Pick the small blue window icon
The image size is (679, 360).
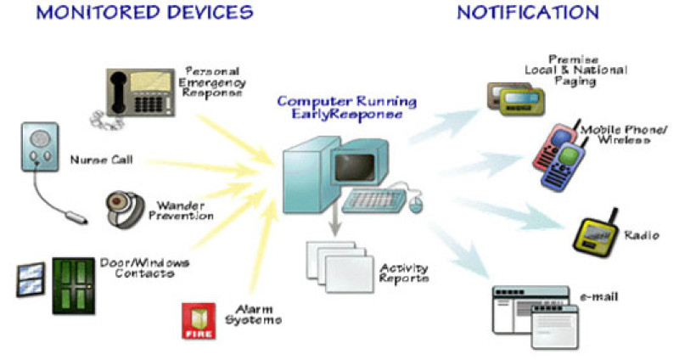click(30, 279)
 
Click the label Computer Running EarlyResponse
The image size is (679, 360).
click(347, 109)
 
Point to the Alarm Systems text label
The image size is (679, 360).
click(254, 315)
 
